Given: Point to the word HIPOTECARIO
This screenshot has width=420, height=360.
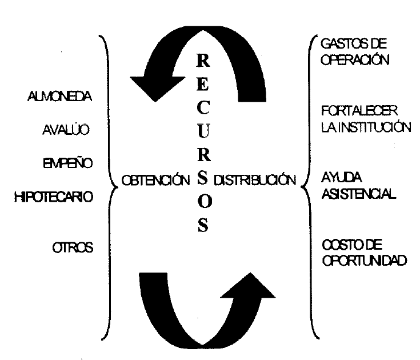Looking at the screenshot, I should click(x=54, y=197).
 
